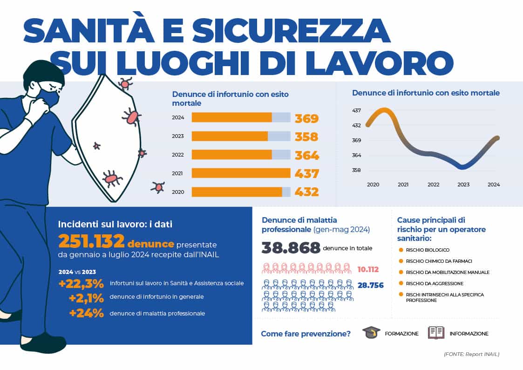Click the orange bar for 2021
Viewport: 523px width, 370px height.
pyautogui.click(x=241, y=173)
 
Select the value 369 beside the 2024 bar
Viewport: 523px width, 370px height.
pyautogui.click(x=306, y=118)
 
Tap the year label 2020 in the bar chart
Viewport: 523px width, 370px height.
pyautogui.click(x=178, y=192)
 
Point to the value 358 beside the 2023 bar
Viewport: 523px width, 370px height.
pyautogui.click(x=306, y=137)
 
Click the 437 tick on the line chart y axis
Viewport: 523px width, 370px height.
pyautogui.click(x=357, y=110)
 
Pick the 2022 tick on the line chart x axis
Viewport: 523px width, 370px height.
pyautogui.click(x=433, y=185)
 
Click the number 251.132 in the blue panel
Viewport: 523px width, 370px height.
pyautogui.click(x=91, y=241)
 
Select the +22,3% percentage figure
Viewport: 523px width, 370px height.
pyautogui.click(x=82, y=283)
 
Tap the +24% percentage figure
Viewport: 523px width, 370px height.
pyautogui.click(x=86, y=313)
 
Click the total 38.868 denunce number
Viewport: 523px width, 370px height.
pyautogui.click(x=291, y=247)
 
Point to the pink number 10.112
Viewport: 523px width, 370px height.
pyautogui.click(x=368, y=269)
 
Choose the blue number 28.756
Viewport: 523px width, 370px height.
pyautogui.click(x=370, y=285)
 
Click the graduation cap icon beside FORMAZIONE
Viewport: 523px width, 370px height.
pyautogui.click(x=371, y=333)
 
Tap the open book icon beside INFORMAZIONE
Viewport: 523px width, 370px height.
pyautogui.click(x=436, y=333)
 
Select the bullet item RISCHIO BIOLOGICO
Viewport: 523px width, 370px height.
pyautogui.click(x=428, y=250)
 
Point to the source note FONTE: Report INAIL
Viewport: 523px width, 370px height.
pyautogui.click(x=471, y=354)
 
